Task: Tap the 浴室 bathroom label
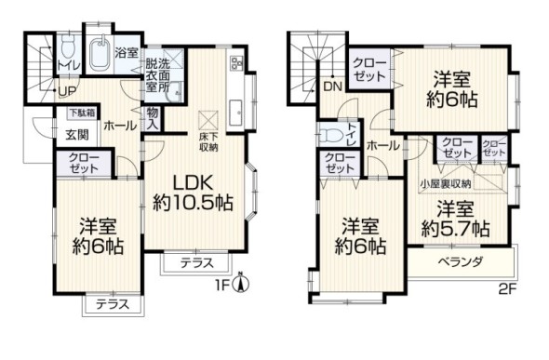pyautogui.click(x=126, y=55)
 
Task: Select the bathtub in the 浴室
pyautogui.click(x=99, y=48)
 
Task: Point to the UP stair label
pyautogui.click(x=67, y=91)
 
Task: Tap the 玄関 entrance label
pyautogui.click(x=76, y=132)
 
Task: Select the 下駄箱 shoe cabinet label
pyautogui.click(x=81, y=113)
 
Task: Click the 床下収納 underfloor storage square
pyautogui.click(x=208, y=119)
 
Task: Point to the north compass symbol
pyautogui.click(x=240, y=284)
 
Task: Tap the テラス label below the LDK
pyautogui.click(x=194, y=261)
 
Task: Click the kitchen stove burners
pyautogui.click(x=234, y=64)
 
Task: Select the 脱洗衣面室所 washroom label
pyautogui.click(x=157, y=74)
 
